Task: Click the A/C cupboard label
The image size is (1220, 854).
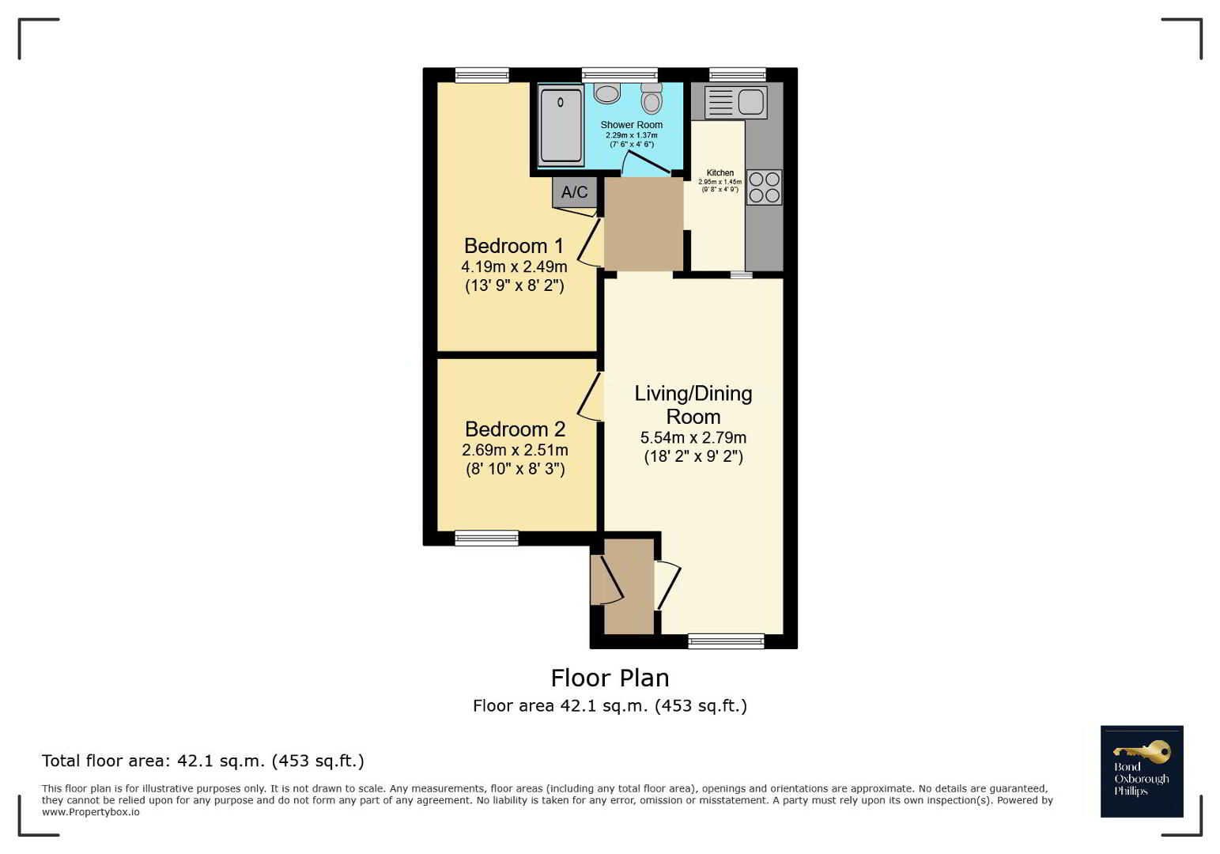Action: (575, 191)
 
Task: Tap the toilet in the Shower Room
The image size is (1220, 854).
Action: (652, 98)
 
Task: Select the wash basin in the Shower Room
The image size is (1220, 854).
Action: (607, 93)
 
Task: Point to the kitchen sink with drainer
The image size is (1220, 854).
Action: (736, 102)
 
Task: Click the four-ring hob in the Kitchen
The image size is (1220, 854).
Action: (764, 187)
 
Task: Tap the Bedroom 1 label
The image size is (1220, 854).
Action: (514, 246)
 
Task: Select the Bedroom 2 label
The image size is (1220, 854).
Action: (515, 429)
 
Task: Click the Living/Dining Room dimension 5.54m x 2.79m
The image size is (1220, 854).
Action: (693, 438)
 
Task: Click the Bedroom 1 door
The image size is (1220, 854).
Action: (590, 243)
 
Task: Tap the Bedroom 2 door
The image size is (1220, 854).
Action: (590, 396)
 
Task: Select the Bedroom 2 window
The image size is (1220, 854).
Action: (486, 538)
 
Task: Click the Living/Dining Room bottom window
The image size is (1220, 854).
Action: (726, 641)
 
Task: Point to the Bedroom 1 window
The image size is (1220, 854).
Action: (482, 75)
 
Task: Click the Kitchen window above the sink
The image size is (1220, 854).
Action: (738, 75)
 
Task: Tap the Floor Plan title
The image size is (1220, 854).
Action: (610, 678)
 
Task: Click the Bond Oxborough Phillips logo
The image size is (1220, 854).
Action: (1142, 771)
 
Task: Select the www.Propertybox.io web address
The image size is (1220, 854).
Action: (91, 812)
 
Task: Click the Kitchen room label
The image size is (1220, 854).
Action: (720, 172)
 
